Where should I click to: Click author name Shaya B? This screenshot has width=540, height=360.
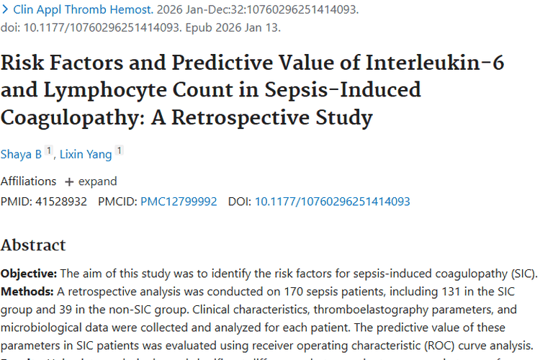[21, 153]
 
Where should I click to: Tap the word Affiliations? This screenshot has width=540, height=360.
[28, 181]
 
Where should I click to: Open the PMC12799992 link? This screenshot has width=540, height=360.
[179, 202]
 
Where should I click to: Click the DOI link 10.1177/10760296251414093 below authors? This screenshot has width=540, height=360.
[332, 202]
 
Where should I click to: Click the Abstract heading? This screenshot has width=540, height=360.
[33, 245]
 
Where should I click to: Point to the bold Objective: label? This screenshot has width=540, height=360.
[28, 274]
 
